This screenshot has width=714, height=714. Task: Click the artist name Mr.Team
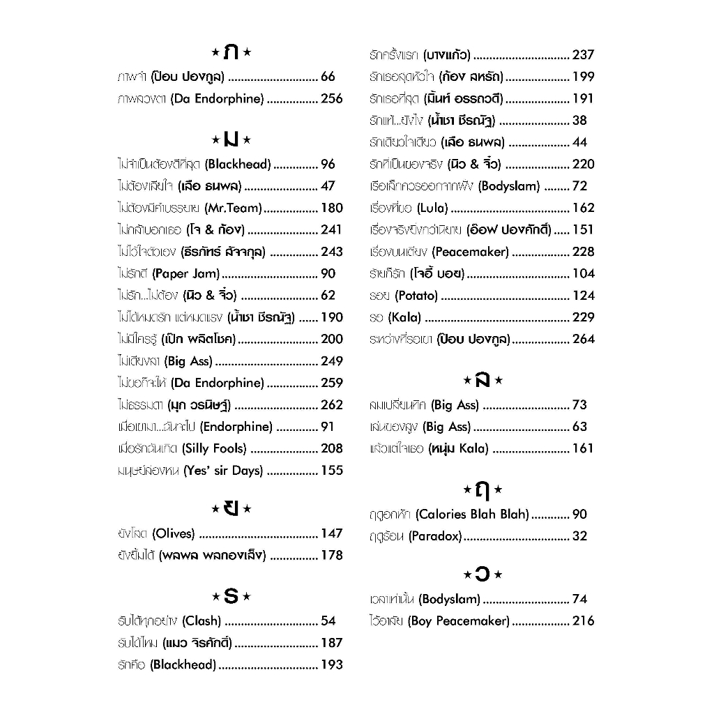pos(234,208)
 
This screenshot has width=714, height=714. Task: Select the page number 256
pos(331,98)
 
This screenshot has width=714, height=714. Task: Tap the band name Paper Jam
pos(185,273)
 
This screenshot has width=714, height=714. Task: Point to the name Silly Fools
pos(215,448)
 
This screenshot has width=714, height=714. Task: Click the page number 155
pos(331,471)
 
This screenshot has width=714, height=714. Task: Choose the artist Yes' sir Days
pos(224,471)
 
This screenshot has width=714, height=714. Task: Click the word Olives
pos(174,533)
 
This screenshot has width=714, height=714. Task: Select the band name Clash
pos(202,621)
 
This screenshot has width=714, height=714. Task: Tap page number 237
pos(583,54)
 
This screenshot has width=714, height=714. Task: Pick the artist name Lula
pos(432,208)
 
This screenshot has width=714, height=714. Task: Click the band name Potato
pos(416,296)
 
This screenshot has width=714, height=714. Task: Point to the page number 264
pos(583,339)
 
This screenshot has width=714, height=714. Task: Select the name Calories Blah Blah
pos(472,514)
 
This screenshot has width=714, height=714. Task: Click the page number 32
pos(579,536)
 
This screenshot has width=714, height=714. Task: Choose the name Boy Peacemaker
pos(459,621)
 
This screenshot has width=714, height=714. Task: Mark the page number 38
pos(579,120)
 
